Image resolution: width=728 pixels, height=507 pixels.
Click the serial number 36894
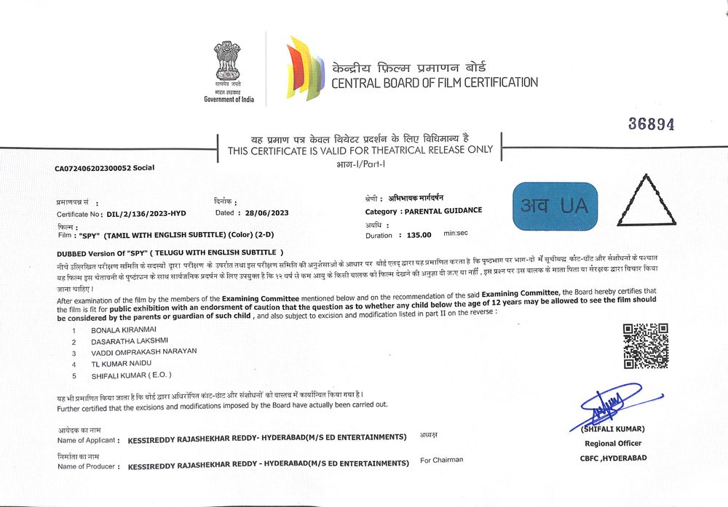tap(651, 124)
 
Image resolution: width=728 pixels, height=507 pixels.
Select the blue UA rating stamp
tap(555, 206)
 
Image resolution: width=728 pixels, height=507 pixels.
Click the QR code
tap(645, 346)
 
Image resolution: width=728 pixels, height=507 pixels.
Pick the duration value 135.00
tap(419, 235)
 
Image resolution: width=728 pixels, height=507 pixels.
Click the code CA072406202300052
tap(92, 168)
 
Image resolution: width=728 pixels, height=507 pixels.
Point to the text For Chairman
tap(441, 460)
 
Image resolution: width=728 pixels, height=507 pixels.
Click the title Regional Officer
tap(613, 443)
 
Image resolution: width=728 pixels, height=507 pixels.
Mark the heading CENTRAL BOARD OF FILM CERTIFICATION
tap(435, 82)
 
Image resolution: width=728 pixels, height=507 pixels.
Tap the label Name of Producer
tap(87, 466)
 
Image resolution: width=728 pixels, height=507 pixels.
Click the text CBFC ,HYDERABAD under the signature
tap(613, 458)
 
